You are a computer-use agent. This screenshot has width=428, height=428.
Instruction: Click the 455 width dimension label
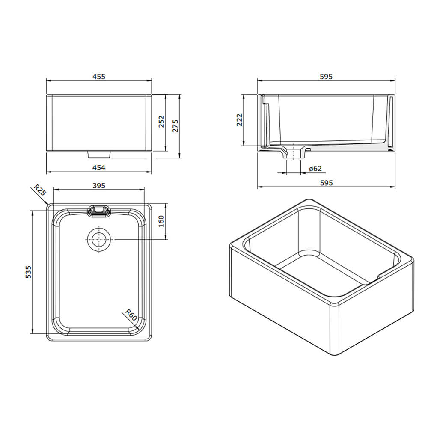point(99,77)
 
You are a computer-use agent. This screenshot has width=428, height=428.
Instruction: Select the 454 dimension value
point(99,168)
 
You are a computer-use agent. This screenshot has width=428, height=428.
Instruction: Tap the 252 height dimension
point(162,123)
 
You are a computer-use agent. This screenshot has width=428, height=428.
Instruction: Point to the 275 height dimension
point(175,123)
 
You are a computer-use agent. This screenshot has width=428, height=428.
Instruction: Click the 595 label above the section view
point(326,77)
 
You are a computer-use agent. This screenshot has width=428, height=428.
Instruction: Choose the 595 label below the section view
point(326,183)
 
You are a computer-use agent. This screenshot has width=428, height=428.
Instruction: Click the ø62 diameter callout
point(315,169)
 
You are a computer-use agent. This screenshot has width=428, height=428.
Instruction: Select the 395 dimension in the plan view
point(99,185)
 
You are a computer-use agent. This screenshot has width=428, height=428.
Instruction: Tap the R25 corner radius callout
point(40,190)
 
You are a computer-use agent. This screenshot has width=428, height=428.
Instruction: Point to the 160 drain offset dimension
point(161,222)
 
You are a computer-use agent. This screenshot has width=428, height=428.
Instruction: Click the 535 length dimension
point(28,272)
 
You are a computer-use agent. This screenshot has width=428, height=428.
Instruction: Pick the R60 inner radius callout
point(131,315)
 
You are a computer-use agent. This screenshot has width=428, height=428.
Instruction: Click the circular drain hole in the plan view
point(99,240)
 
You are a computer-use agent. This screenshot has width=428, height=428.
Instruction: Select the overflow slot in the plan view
point(99,210)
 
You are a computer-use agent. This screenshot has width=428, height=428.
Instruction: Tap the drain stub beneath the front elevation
point(99,153)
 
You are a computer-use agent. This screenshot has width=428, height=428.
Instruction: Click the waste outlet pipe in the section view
point(294,153)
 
